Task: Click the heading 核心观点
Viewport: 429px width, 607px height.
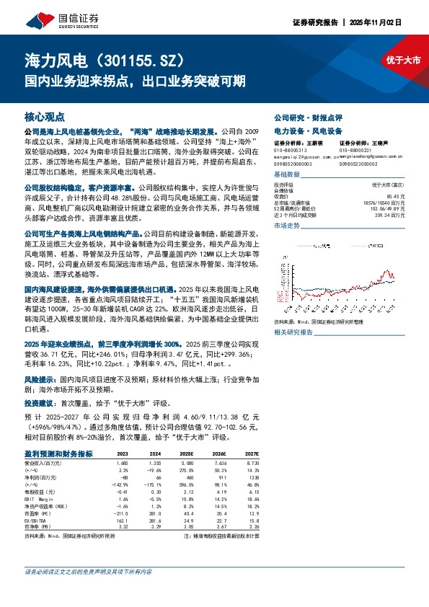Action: click(x=45, y=116)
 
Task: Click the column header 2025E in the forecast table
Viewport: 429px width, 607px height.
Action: click(x=186, y=454)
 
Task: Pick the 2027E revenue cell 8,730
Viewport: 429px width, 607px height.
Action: click(x=249, y=463)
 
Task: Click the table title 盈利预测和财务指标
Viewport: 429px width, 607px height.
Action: click(x=58, y=454)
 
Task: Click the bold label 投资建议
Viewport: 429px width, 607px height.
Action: click(x=41, y=404)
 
